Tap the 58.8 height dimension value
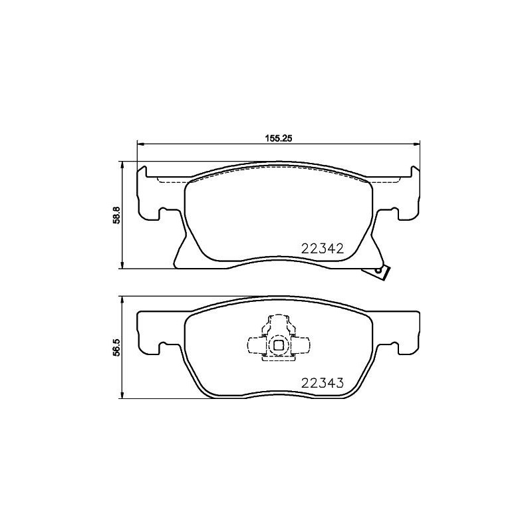point(116,215)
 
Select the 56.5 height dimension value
point(116,348)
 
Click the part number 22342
point(323,249)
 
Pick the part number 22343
point(323,382)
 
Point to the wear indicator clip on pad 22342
point(380,271)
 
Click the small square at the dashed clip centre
point(278,344)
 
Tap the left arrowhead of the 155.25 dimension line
point(140,144)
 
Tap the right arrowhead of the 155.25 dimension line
point(418,144)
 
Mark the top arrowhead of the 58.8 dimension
point(122,164)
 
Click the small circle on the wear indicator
point(379,270)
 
